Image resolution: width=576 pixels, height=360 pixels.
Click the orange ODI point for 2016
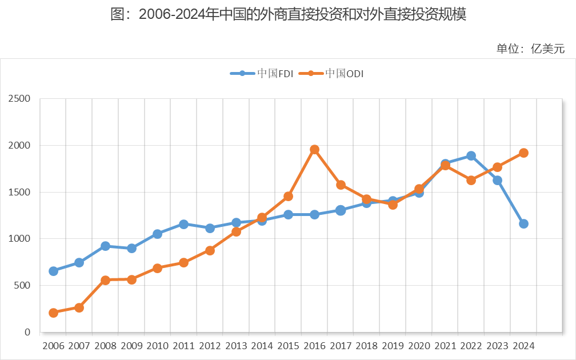(314, 149)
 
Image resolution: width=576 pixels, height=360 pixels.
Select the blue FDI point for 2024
(523, 223)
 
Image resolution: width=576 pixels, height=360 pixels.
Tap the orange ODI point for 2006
(53, 313)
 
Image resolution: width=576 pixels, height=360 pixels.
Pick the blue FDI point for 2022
(471, 155)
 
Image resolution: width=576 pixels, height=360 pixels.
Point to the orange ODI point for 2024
(523, 153)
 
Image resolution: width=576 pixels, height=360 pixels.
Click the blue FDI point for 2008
(105, 246)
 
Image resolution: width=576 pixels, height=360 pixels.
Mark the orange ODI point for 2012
(210, 250)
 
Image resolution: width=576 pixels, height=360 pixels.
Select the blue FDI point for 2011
(183, 224)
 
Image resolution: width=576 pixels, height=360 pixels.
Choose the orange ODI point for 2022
(471, 180)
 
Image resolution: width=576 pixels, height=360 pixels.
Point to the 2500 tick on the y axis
(19, 99)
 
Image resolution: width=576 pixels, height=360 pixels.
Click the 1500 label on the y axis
(19, 192)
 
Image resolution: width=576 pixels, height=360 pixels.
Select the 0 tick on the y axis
(26, 332)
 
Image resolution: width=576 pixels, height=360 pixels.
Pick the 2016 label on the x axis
(314, 346)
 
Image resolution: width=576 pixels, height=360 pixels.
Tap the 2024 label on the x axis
(523, 346)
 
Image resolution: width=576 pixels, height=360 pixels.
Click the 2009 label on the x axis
(131, 346)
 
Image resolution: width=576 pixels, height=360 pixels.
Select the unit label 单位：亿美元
(530, 49)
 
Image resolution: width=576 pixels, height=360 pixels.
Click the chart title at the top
(288, 15)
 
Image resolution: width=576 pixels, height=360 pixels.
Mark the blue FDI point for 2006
(53, 271)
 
